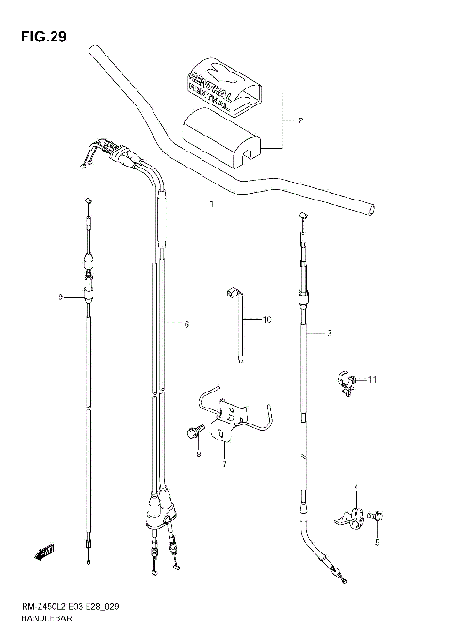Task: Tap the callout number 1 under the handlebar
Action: (212, 203)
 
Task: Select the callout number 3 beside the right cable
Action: (329, 334)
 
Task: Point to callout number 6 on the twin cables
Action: (186, 325)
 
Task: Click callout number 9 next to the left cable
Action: (59, 297)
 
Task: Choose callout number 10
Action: (266, 321)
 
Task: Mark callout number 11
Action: (371, 380)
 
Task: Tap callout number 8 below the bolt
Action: (199, 455)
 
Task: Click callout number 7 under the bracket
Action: (224, 464)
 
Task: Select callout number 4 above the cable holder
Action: (356, 488)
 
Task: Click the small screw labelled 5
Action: (374, 516)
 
